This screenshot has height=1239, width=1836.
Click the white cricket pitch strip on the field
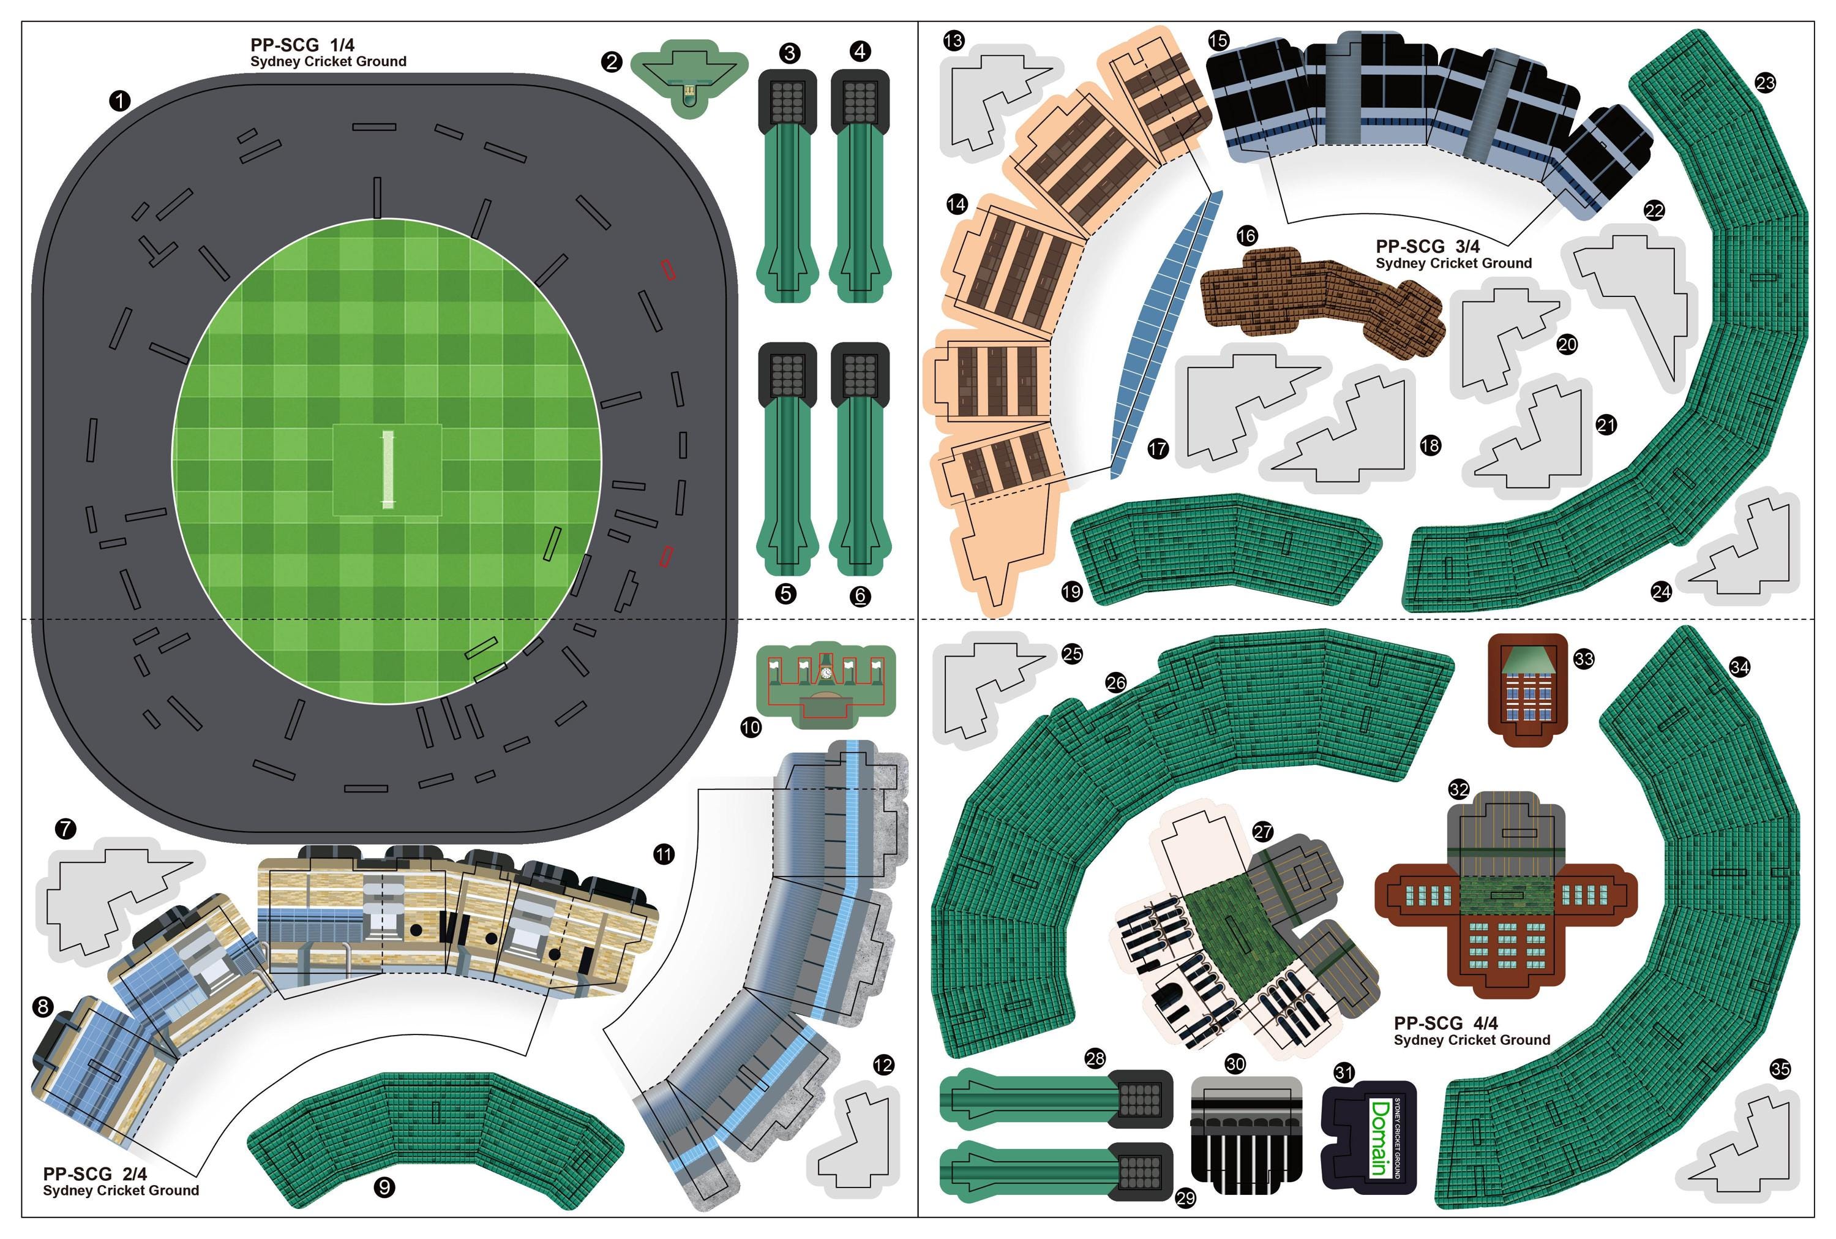387,469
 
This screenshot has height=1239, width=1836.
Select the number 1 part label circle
119,100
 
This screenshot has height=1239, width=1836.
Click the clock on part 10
826,673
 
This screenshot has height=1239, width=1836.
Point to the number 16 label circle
1246,235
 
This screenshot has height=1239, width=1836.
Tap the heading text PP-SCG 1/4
302,45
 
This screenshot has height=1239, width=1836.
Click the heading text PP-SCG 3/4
1427,247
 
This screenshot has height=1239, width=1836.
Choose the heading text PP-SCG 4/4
1445,1023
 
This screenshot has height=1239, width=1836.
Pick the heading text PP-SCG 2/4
95,1173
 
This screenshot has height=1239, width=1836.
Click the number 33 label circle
1583,658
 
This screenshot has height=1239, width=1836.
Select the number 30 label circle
1235,1064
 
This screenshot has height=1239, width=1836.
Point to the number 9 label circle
384,1187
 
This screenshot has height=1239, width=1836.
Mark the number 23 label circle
1764,82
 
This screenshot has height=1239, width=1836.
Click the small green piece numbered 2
689,75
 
